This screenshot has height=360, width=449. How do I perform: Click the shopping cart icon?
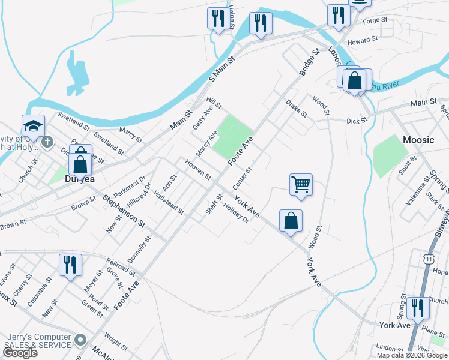pyautogui.click(x=300, y=184)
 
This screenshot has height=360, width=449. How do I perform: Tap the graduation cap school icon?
pyautogui.click(x=34, y=126)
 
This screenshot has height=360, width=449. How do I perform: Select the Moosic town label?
pyautogui.click(x=418, y=140)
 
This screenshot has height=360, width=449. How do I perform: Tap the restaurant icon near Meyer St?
pyautogui.click(x=70, y=265)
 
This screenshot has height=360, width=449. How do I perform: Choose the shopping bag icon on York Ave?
pyautogui.click(x=291, y=221)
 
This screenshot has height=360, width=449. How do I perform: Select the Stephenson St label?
pyautogui.click(x=124, y=210)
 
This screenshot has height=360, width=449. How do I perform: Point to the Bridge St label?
pyautogui.click(x=308, y=62)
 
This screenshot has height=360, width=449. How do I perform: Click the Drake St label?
pyautogui.click(x=296, y=109)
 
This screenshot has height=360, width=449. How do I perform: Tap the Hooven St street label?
pyautogui.click(x=198, y=169)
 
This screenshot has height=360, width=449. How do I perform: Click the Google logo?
pyautogui.click(x=19, y=353)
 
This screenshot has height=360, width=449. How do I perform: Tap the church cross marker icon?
pyautogui.click(x=47, y=143)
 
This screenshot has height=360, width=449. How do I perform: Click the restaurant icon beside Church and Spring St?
pyautogui.click(x=418, y=308)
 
